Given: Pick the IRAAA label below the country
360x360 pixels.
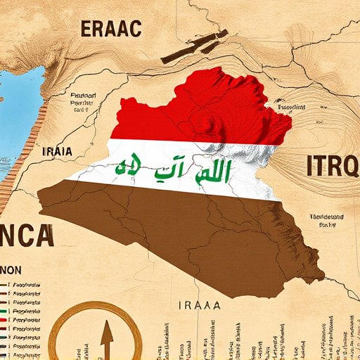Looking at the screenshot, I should (x=200, y=305).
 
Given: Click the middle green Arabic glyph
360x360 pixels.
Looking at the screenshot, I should (x=173, y=168).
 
